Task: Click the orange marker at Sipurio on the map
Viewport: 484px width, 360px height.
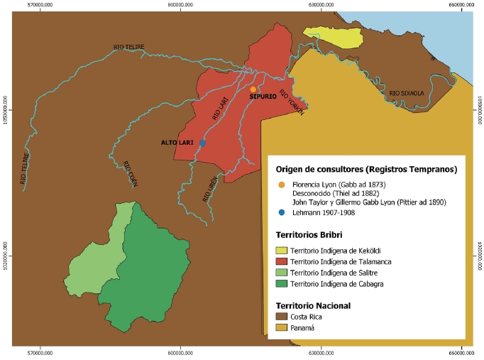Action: coord(253,89)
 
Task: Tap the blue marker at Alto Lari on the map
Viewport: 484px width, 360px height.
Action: coord(202,143)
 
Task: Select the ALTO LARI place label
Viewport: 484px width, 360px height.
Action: coord(177,143)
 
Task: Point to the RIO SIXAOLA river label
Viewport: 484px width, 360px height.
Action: coord(406,93)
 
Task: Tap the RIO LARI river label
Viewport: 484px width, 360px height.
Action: coord(221,109)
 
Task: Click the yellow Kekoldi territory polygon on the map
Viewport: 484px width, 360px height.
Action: coord(326,36)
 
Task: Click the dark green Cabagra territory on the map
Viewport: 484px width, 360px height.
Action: coord(149,277)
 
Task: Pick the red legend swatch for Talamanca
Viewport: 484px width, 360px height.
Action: coord(282,261)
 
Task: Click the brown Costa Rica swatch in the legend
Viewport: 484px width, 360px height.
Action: coord(282,317)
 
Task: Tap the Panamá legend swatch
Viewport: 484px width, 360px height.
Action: coord(282,328)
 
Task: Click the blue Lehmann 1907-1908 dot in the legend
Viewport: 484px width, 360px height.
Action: coord(282,213)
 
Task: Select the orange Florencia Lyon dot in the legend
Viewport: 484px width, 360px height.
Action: coord(282,185)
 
